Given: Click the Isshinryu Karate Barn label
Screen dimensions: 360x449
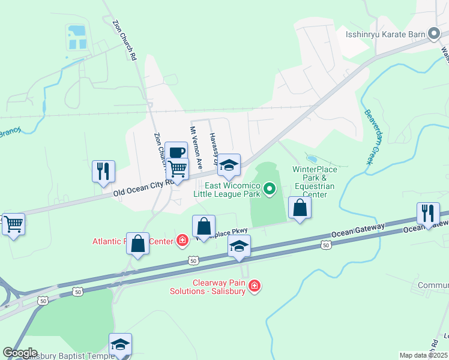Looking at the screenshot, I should [x=385, y=34].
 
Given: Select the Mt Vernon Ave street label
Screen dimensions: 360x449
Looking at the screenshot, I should [x=196, y=148].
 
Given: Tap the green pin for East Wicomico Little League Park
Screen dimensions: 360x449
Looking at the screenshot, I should [x=270, y=190].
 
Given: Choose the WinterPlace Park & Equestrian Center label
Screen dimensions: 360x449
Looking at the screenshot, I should [x=315, y=182].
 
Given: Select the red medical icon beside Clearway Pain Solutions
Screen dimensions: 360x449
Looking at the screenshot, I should [x=255, y=286].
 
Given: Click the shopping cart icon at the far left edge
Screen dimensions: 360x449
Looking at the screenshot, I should [x=13, y=224].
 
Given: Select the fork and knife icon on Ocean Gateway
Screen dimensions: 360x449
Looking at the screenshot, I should [x=428, y=214].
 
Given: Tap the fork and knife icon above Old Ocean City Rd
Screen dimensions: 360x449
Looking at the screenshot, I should [x=103, y=171].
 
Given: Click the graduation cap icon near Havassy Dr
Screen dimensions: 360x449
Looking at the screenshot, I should [x=228, y=165].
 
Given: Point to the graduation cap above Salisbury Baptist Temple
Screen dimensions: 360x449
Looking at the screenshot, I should [x=120, y=344].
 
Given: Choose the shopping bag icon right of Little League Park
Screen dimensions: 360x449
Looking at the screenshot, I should [x=300, y=208].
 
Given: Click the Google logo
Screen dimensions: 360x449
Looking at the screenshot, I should [x=20, y=353].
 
